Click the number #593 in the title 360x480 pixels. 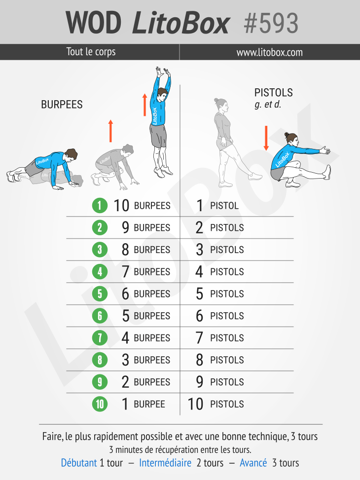pos(271,23)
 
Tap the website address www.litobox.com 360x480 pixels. pos(269,52)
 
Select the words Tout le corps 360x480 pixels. pos(91,52)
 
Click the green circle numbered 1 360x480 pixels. pos(100,205)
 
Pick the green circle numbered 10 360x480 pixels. pos(100,404)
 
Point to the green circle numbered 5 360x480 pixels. pos(100,294)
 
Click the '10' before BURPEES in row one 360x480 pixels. pos(121,205)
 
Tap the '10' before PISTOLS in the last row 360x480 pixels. pos(195,404)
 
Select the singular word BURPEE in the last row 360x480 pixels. pos(149,404)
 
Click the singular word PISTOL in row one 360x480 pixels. pos(224,205)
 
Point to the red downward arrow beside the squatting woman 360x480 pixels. pos(266,138)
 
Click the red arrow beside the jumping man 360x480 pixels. pos(144,105)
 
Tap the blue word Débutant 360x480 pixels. pos(79,463)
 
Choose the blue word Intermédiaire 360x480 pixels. pos(165,463)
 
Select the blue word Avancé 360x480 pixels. pos(253,463)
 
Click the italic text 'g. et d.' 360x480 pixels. pos(268,105)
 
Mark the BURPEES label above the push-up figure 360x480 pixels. pos(62,105)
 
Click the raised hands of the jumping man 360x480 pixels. pos(163,72)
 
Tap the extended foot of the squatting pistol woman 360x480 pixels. pos(328,172)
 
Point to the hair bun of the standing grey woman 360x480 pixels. pos(216,100)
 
